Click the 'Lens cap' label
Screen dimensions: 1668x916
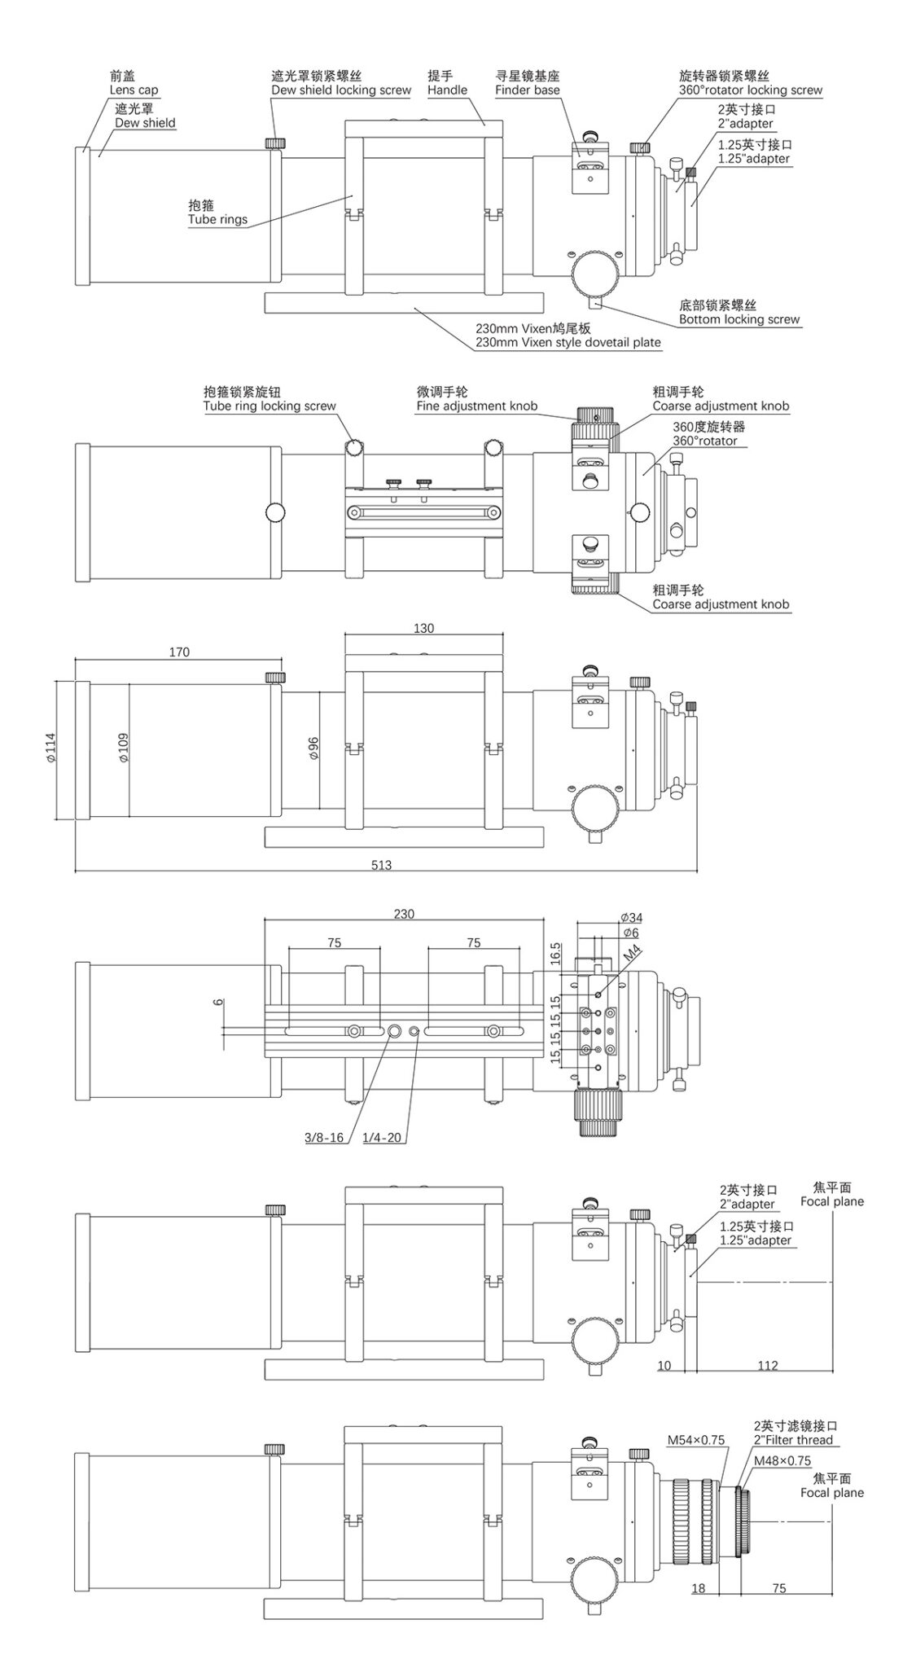(134, 90)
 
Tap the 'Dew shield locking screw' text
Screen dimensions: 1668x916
(341, 90)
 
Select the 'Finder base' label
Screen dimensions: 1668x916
(527, 90)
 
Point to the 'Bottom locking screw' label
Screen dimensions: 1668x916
(739, 319)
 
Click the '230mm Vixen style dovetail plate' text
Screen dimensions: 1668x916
(568, 343)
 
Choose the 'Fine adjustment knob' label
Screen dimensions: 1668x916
(476, 406)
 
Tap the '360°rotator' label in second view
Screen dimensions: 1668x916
(704, 441)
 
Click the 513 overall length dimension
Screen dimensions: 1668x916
(381, 865)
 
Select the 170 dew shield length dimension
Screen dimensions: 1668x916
(179, 652)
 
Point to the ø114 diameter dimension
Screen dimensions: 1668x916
(50, 747)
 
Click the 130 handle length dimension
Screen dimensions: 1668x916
(423, 628)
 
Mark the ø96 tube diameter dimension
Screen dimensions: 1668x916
(314, 747)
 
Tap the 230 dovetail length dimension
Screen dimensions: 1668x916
(404, 914)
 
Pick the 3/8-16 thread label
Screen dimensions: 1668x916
(324, 1138)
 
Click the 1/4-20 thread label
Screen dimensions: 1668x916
(382, 1138)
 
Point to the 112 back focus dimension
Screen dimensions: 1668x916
(767, 1366)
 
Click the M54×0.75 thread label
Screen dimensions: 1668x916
(695, 1440)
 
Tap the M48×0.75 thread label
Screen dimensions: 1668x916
(782, 1461)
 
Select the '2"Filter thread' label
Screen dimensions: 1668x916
(793, 1440)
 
